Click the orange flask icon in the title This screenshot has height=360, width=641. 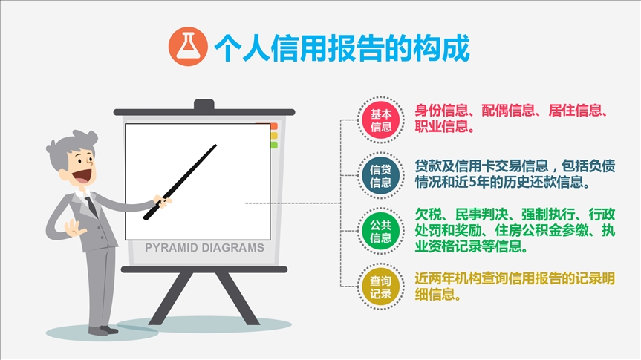tap(188, 47)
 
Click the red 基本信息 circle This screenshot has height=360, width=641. tap(380, 120)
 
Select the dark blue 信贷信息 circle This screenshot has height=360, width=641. tap(380, 176)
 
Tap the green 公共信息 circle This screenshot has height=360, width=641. tap(380, 232)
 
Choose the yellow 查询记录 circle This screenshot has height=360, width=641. tap(380, 287)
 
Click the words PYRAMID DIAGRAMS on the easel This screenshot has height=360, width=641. tap(204, 248)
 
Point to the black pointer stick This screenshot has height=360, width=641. tap(180, 183)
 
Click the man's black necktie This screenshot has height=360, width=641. tap(91, 207)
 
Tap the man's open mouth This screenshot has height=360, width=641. tap(82, 176)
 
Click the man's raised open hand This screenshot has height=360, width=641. tap(74, 228)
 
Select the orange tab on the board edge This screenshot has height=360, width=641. tap(273, 126)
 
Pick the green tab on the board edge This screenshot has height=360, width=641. tap(273, 145)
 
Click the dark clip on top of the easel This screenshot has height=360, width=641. tap(204, 105)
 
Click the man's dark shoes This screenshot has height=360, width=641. tap(103, 330)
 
